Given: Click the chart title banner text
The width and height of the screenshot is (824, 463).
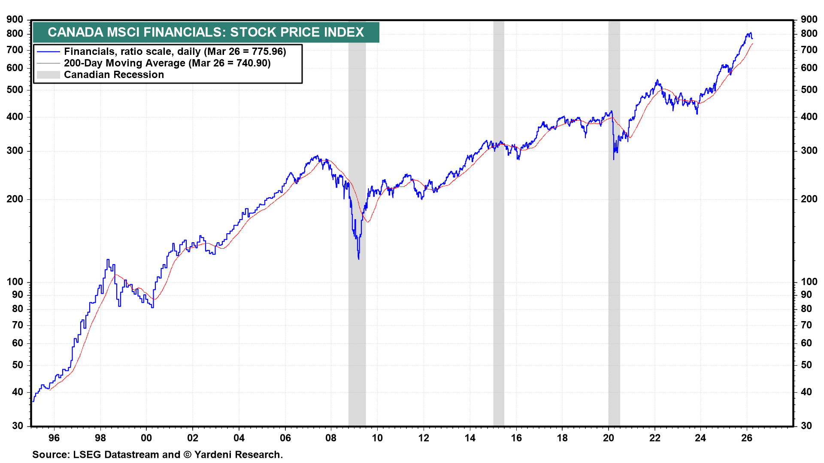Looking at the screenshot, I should pyautogui.click(x=206, y=32).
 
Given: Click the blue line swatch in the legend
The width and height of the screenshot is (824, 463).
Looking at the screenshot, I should pyautogui.click(x=48, y=52).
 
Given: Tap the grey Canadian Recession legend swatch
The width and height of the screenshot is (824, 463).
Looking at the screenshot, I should pyautogui.click(x=48, y=75).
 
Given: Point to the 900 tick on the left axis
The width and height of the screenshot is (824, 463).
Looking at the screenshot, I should pyautogui.click(x=15, y=19).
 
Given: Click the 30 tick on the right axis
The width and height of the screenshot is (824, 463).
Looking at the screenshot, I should pyautogui.click(x=806, y=426).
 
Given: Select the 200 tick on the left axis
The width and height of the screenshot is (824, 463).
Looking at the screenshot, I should pyautogui.click(x=15, y=199).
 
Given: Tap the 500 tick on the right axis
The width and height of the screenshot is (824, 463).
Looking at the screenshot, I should pyautogui.click(x=809, y=90).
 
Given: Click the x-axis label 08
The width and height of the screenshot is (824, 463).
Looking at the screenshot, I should pyautogui.click(x=331, y=438).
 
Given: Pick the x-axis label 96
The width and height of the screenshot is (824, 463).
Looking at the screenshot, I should pyautogui.click(x=54, y=438).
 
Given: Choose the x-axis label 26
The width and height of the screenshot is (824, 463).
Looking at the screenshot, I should pyautogui.click(x=747, y=438).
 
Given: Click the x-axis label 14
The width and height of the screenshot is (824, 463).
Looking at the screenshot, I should pyautogui.click(x=470, y=438).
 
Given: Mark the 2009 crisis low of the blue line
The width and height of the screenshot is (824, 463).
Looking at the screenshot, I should pyautogui.click(x=358, y=259).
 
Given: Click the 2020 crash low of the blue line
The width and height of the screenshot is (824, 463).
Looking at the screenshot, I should pyautogui.click(x=614, y=159).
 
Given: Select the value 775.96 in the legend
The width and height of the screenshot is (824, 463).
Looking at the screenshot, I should pyautogui.click(x=267, y=51).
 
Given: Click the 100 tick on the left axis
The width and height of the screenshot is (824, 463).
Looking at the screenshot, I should pyautogui.click(x=15, y=282).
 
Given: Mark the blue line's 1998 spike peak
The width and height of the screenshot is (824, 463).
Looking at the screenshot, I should pyautogui.click(x=108, y=259).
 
